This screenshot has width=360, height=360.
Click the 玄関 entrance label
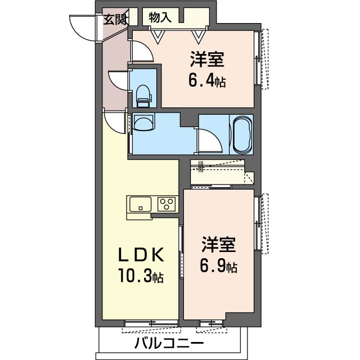tap(115, 19)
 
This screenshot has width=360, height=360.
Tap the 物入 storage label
tap(160, 17)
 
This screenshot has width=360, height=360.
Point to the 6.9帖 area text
tap(219, 266)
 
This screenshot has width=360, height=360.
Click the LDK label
tap(141, 255)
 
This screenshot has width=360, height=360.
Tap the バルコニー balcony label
tap(169, 344)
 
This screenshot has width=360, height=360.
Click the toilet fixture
tap(143, 96)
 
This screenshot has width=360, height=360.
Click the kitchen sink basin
tap(141, 204)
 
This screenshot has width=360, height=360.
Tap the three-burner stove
tap(166, 204)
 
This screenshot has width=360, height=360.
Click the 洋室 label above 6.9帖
tap(219, 245)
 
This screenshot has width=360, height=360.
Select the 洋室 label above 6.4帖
tap(207, 60)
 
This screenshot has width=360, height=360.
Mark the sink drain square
tap(141, 208)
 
